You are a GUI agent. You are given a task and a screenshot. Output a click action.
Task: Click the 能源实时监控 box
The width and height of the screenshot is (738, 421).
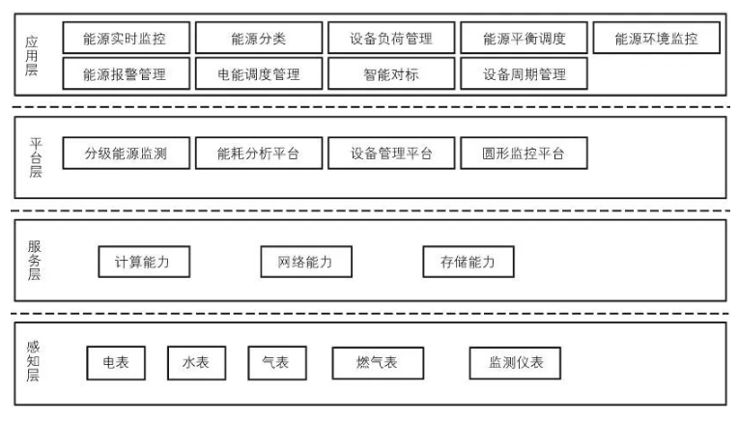click(126, 40)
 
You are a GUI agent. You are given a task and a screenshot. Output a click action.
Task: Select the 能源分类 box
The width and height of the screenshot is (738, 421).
click(258, 40)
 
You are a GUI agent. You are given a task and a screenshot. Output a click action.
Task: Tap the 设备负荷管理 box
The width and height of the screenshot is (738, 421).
click(390, 40)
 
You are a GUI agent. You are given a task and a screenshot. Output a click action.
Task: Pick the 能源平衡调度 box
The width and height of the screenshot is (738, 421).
click(524, 40)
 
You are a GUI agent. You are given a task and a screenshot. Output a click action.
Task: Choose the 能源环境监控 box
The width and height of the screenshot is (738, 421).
click(656, 40)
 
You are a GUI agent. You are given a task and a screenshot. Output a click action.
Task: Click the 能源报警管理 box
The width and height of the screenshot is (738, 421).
click(126, 74)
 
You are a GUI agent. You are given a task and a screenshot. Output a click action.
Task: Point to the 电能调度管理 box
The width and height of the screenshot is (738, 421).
click(258, 74)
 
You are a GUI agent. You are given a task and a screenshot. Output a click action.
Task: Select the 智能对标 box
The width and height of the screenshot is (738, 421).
click(390, 74)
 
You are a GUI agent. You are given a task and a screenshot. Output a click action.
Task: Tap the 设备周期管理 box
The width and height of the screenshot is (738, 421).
click(524, 74)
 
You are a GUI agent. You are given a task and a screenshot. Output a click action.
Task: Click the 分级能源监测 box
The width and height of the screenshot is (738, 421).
click(126, 154)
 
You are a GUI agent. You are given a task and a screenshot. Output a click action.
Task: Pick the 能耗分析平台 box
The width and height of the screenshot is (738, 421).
click(258, 154)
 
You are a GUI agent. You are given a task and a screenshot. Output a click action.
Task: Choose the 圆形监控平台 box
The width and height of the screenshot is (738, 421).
click(524, 154)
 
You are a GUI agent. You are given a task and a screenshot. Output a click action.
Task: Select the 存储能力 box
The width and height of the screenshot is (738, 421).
click(468, 262)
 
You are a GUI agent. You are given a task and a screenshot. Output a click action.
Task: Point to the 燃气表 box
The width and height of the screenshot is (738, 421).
click(364, 362)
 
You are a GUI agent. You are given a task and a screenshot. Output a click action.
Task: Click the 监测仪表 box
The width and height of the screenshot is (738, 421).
click(515, 362)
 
